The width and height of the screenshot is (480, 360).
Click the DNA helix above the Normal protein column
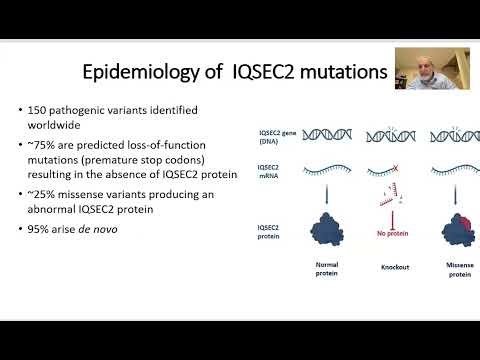coord(327,136)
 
